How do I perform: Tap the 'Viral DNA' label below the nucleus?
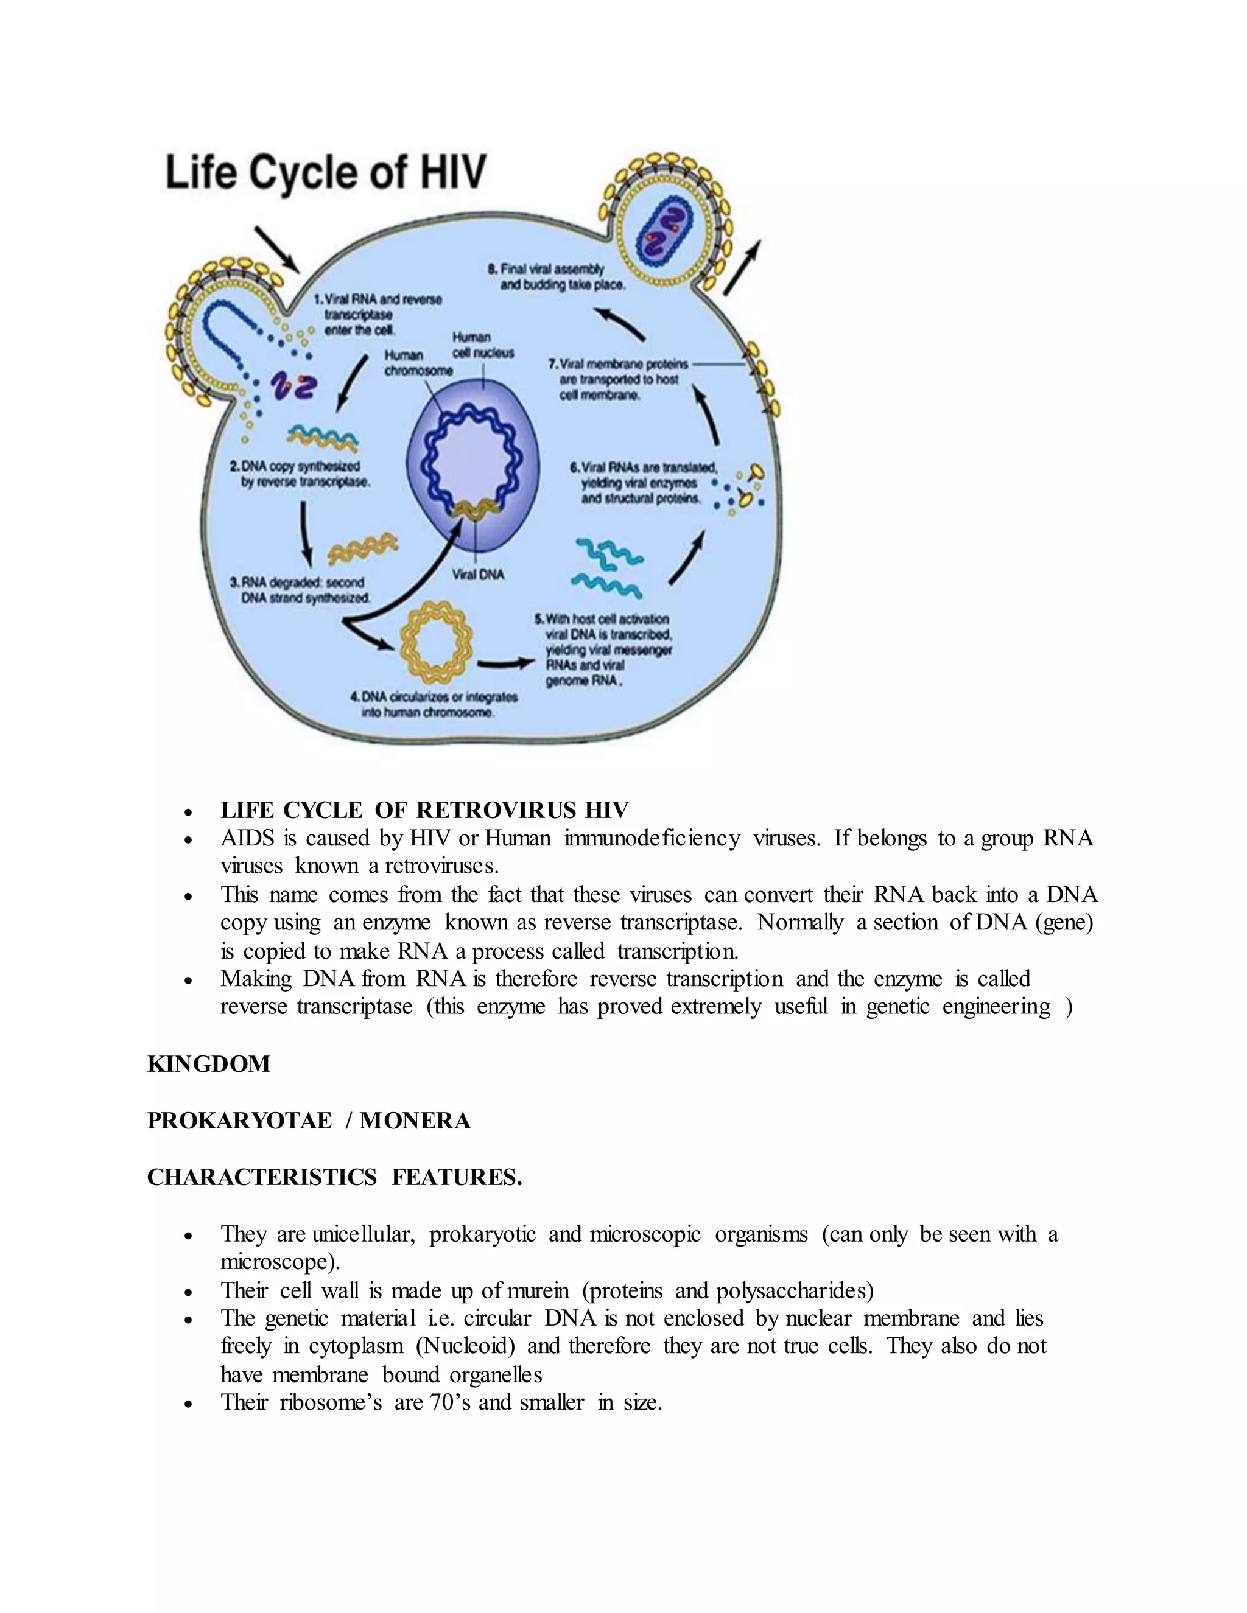[478, 574]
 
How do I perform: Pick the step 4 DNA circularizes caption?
[434, 704]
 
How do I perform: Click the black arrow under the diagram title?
[277, 249]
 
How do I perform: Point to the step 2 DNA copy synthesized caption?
[299, 474]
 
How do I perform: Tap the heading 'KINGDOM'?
[209, 1064]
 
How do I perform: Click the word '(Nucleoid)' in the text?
[465, 1346]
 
